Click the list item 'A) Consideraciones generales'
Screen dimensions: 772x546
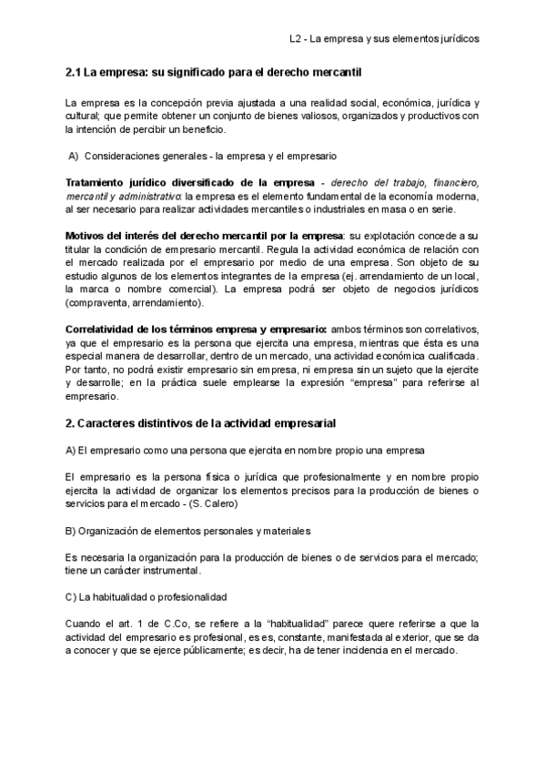pos(203,156)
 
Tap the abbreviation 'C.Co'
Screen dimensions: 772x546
pos(172,624)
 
